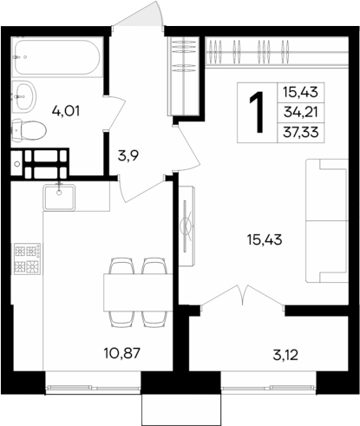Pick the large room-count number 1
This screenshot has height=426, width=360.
pos(257,112)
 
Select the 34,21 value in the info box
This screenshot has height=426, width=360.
pos(298,110)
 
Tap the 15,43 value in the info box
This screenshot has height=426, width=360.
pos(298,91)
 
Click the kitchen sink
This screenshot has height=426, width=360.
pos(60,195)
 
